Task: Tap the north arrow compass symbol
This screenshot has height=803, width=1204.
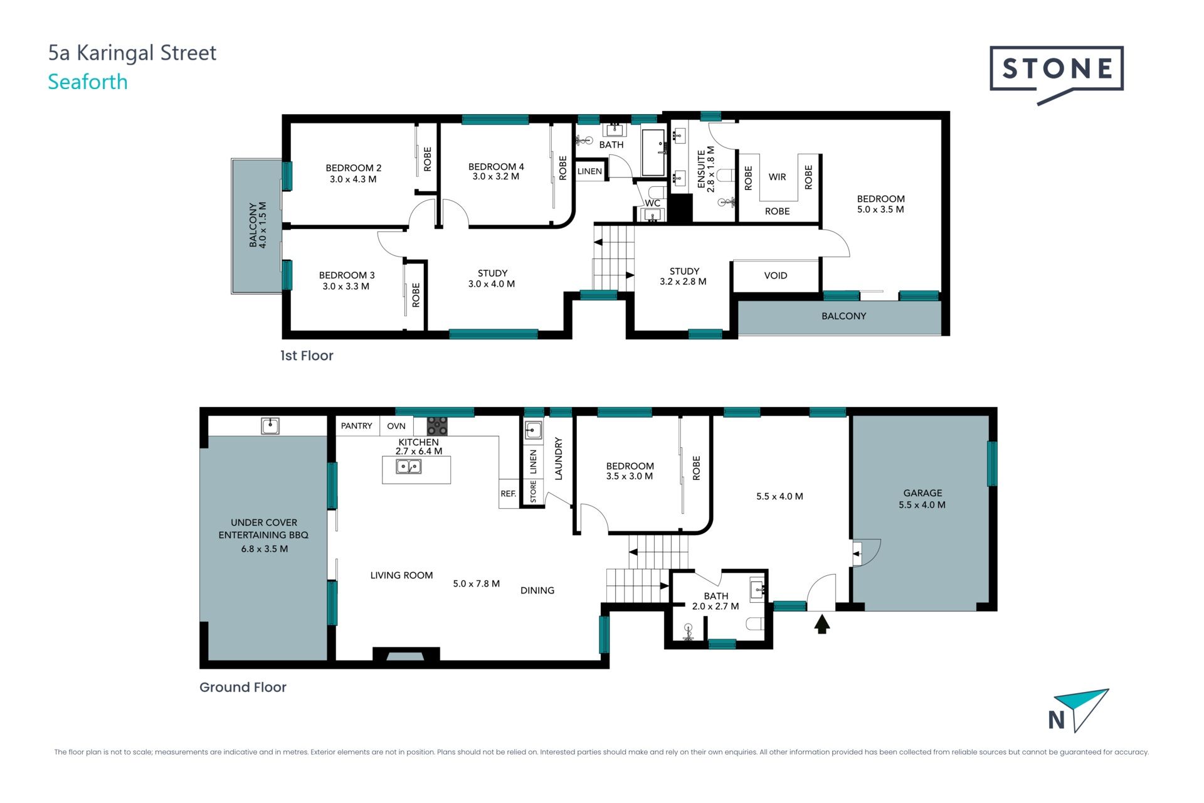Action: (x=1079, y=710)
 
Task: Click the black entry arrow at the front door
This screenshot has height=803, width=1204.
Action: (x=821, y=624)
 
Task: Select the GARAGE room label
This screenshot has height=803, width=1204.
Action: (x=922, y=493)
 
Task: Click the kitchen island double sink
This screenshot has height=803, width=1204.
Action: (x=409, y=467)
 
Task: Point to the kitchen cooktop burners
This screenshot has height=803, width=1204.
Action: (x=437, y=426)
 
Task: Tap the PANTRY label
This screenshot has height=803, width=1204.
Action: (x=356, y=426)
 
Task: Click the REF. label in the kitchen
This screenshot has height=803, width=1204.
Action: (x=509, y=494)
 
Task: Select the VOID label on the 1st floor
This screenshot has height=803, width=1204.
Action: (x=776, y=275)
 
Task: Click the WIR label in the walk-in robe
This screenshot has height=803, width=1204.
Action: (x=777, y=177)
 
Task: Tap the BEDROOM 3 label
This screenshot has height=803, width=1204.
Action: (x=347, y=275)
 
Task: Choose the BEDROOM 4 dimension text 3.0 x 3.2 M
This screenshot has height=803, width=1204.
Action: (x=496, y=177)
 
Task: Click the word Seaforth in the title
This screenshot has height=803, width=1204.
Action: (x=88, y=82)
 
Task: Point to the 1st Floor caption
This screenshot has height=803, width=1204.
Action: (x=307, y=356)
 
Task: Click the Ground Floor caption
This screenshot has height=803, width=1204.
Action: (x=243, y=687)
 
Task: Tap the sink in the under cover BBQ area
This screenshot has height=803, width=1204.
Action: (x=270, y=427)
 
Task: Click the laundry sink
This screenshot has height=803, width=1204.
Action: (x=533, y=430)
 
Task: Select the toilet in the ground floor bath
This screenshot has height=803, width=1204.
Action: (x=755, y=624)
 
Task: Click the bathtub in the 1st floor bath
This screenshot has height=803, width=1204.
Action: (x=653, y=152)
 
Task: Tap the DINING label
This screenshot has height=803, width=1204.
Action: (x=537, y=590)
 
